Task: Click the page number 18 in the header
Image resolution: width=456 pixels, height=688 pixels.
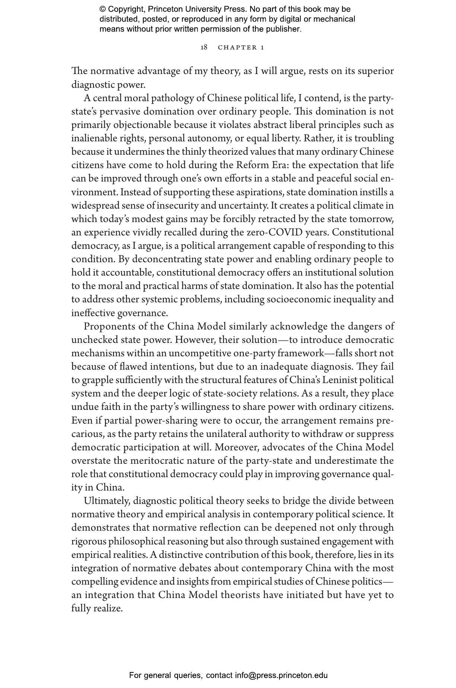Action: click(x=204, y=47)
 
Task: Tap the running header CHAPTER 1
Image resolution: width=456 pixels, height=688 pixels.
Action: click(x=241, y=47)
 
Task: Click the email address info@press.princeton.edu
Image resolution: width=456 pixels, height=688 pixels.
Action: click(x=281, y=675)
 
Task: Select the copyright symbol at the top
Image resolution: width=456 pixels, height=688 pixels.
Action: click(x=103, y=9)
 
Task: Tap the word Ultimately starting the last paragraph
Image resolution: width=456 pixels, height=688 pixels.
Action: click(x=107, y=501)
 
